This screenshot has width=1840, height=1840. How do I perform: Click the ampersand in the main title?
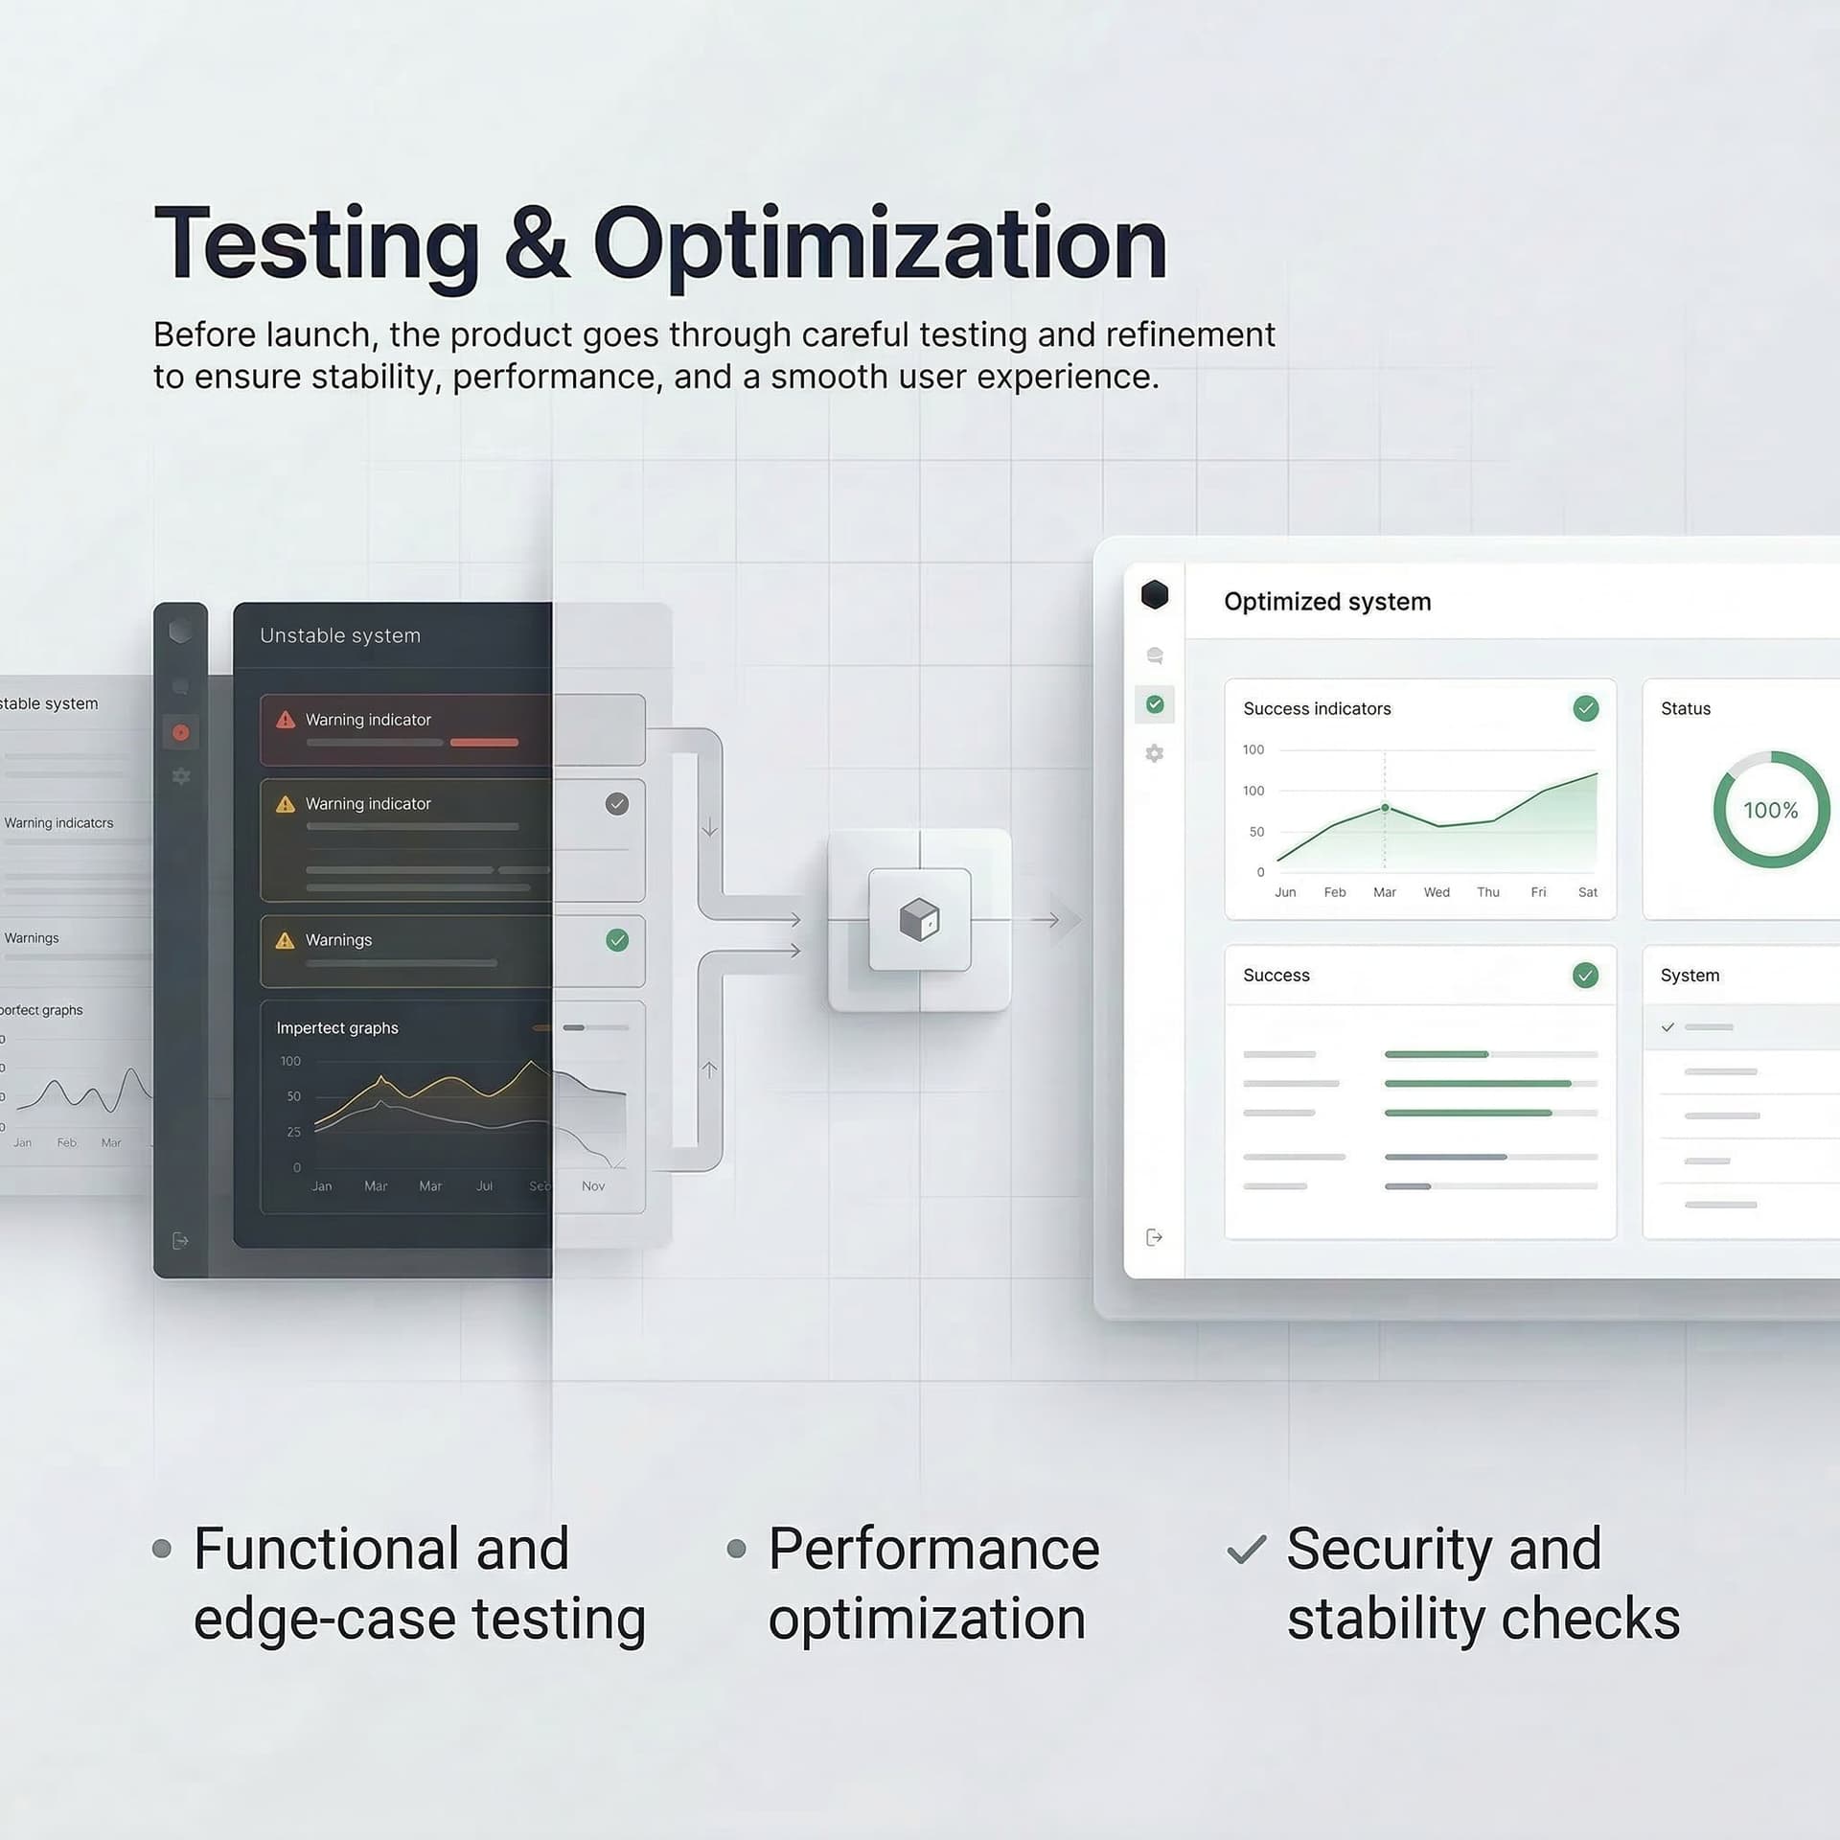pos(537,244)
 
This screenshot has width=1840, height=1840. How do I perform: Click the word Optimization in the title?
pos(880,244)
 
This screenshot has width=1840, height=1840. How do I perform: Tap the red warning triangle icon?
pos(286,720)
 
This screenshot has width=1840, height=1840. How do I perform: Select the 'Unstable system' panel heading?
pos(340,635)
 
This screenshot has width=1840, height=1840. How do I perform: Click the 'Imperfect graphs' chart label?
pos(337,1028)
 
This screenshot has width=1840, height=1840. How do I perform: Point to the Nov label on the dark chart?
pos(593,1186)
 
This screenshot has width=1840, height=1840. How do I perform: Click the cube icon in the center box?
pos(919,920)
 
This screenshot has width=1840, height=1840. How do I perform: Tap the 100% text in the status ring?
pos(1770,811)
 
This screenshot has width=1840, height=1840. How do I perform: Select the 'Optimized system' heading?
pos(1327,602)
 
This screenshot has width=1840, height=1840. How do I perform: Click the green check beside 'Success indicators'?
pos(1586,708)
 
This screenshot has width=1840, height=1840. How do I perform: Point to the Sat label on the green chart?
pos(1588,892)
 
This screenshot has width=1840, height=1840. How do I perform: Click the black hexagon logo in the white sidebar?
pos(1155,595)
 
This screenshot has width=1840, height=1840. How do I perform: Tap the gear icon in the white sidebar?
pos(1155,753)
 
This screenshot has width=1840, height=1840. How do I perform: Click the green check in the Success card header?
pos(1586,976)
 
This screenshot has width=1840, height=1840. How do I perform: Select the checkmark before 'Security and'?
pos(1247,1550)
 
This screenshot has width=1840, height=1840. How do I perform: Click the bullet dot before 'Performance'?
pos(736,1549)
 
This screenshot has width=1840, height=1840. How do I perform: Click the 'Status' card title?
pos(1686,709)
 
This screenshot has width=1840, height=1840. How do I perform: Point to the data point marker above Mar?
pos(1385,808)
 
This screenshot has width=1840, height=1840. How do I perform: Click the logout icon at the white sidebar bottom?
pos(1155,1237)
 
